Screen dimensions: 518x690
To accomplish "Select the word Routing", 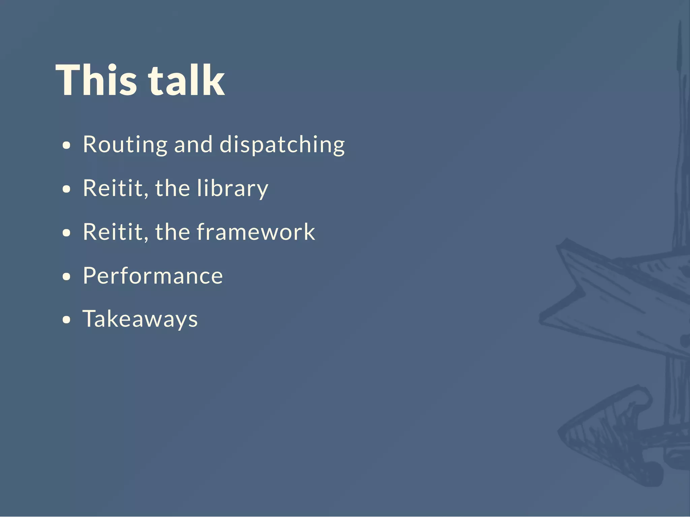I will click(x=125, y=145).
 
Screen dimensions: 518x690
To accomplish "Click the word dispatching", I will click(x=282, y=145).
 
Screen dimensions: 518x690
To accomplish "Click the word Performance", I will click(x=153, y=276).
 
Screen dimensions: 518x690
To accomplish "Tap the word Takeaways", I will click(x=140, y=319).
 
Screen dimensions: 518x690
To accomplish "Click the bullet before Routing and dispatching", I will click(x=67, y=146).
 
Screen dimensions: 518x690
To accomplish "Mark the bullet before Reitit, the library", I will click(x=67, y=189).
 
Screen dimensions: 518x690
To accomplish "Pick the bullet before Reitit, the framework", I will click(x=67, y=233).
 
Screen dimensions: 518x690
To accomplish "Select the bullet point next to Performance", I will click(x=67, y=277).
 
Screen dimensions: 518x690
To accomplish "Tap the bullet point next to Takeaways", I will click(x=67, y=320).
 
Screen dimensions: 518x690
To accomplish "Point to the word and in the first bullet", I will click(x=193, y=145).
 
